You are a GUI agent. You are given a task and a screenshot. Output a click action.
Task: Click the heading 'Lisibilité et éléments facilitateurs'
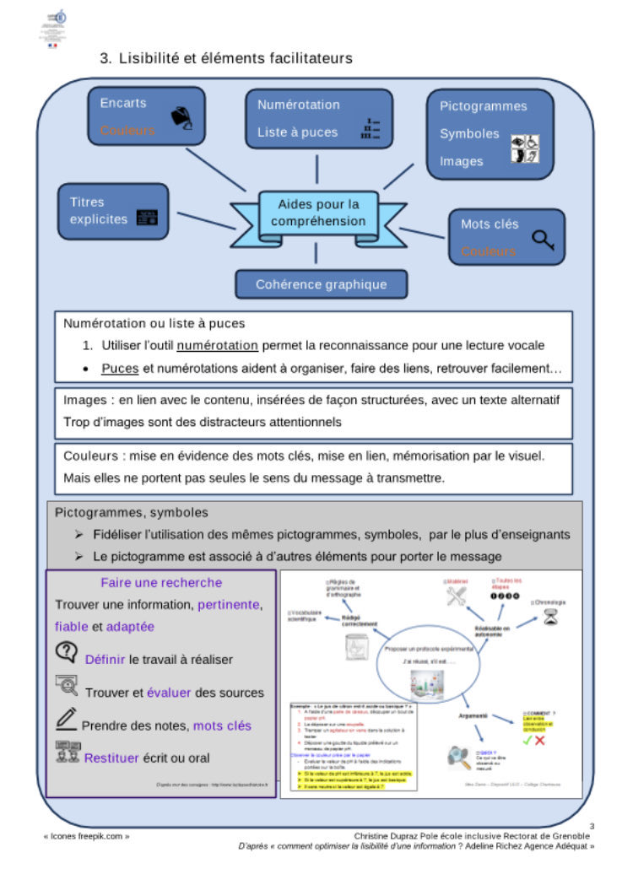point(235,58)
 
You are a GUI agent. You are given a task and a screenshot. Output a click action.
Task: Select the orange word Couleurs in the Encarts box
point(127,131)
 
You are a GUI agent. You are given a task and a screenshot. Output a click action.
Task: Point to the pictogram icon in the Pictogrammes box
point(526,148)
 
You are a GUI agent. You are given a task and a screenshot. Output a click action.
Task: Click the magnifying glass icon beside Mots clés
point(543,240)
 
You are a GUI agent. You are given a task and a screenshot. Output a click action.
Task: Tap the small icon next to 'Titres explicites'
point(147,218)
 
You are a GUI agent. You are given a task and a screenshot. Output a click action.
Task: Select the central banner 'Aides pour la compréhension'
point(318,213)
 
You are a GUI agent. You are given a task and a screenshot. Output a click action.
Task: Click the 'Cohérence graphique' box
point(321,284)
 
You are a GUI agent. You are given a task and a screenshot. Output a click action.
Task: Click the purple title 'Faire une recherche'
point(161,582)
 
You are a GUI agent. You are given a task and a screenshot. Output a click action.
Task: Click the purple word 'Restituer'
point(111,758)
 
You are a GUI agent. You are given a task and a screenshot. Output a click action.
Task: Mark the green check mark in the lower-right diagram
point(527,740)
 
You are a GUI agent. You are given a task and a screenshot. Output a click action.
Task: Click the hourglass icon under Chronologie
point(550,617)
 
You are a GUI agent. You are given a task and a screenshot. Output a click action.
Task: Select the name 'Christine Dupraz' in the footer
point(393,835)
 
